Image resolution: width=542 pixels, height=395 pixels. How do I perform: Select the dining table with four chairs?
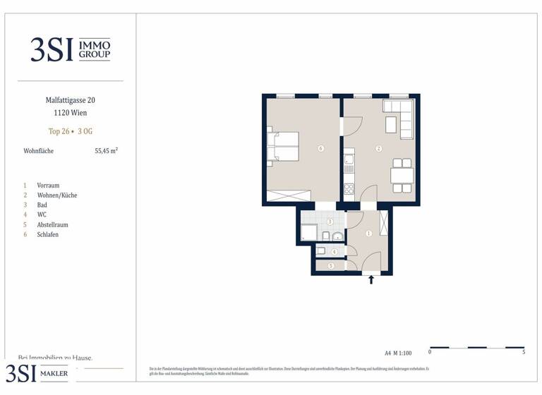[402, 175]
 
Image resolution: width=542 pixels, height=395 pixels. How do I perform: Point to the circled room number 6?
[321, 149]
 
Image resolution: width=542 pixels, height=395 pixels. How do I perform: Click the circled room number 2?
[379, 149]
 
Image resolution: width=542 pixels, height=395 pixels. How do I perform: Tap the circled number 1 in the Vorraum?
[368, 233]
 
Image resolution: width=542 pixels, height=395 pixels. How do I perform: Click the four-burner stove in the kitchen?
[349, 189]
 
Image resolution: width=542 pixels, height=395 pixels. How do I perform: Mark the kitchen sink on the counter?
[349, 162]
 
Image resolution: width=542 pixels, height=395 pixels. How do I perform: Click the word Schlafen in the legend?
[47, 234]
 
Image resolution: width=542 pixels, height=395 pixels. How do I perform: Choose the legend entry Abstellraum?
[52, 224]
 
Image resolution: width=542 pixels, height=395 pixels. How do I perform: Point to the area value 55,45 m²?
[106, 151]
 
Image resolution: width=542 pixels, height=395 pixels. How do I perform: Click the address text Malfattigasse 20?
[70, 100]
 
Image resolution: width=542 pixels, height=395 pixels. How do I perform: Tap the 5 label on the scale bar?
[523, 352]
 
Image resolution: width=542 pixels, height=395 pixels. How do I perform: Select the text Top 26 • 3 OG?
[70, 130]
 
